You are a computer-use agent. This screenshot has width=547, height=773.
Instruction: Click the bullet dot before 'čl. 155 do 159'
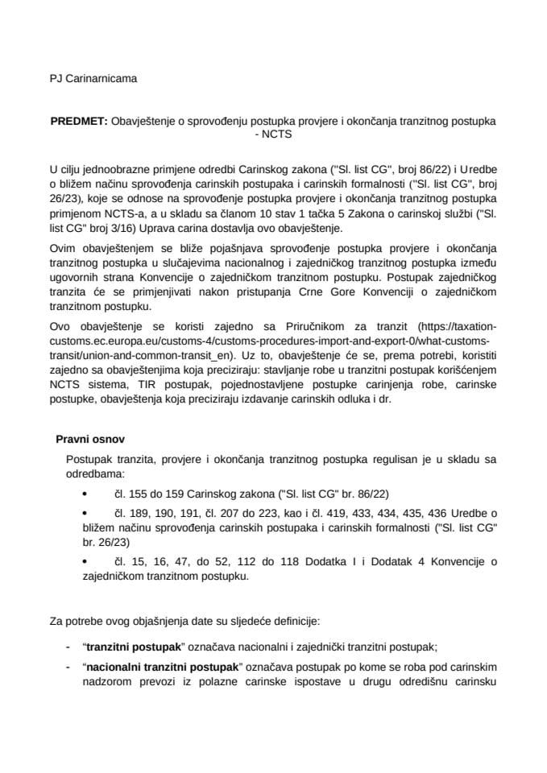pyautogui.click(x=87, y=493)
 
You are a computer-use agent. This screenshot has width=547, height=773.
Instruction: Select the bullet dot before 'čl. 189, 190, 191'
pyautogui.click(x=87, y=513)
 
